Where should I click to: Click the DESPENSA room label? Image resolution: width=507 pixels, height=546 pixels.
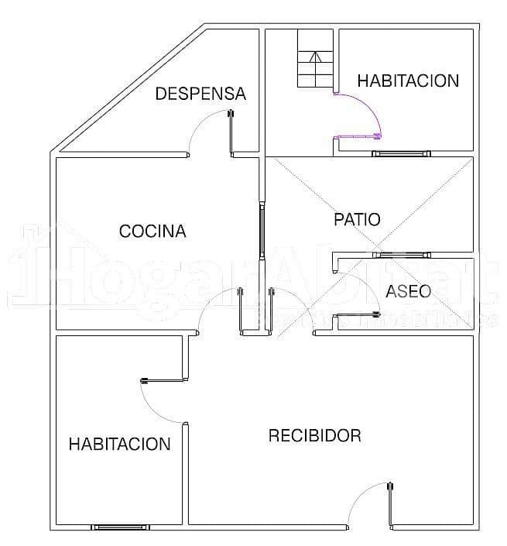click(x=200, y=94)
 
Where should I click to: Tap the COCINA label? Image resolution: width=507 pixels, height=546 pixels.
click(x=152, y=231)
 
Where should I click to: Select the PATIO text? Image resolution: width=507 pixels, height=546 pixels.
click(x=357, y=219)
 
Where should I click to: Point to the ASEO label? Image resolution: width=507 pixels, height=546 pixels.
click(x=408, y=291)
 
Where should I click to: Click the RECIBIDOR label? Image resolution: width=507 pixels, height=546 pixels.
click(x=314, y=435)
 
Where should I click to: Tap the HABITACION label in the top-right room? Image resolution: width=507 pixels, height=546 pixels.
click(x=408, y=81)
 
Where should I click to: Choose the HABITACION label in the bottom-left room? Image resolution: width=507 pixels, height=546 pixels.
click(x=119, y=444)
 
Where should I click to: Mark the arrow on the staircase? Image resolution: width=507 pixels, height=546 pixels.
click(x=315, y=57)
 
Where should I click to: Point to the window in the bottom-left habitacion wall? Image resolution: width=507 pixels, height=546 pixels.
click(x=120, y=527)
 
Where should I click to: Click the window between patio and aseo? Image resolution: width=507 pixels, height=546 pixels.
click(x=401, y=254)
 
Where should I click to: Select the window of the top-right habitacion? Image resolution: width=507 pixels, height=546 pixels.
click(x=399, y=153)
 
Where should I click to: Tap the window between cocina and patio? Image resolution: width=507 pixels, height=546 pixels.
click(x=262, y=231)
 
